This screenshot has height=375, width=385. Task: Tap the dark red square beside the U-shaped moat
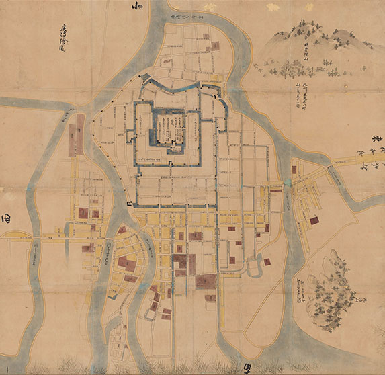click(x=266, y=261)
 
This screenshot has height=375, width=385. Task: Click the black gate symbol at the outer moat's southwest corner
click(x=130, y=204)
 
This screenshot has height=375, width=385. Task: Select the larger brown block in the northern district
click(x=215, y=45)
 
